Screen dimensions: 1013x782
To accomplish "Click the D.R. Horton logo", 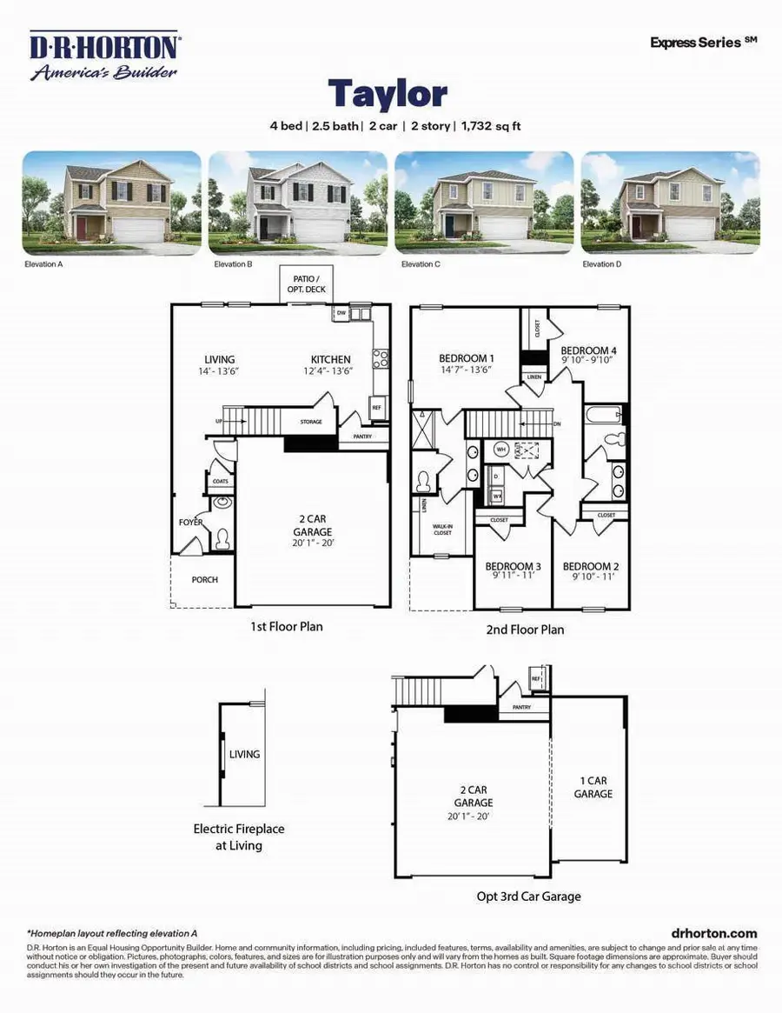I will pyautogui.click(x=104, y=57).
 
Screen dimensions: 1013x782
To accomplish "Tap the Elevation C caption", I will pyautogui.click(x=418, y=263).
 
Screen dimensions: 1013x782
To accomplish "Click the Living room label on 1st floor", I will pyautogui.click(x=220, y=359).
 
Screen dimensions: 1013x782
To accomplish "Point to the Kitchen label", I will pyautogui.click(x=331, y=359).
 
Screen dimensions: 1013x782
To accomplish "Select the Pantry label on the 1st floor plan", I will pyautogui.click(x=364, y=437).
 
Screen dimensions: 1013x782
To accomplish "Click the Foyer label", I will pyautogui.click(x=190, y=523).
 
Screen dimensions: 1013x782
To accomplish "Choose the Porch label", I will pyautogui.click(x=205, y=580).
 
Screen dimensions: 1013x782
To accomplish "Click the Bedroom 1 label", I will pyautogui.click(x=467, y=358).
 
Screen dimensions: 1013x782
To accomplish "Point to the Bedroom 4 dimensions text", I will pyautogui.click(x=586, y=361).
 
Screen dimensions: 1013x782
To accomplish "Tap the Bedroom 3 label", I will pyautogui.click(x=513, y=566).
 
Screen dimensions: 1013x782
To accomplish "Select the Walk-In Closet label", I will pyautogui.click(x=442, y=529).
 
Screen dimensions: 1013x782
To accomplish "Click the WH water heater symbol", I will pyautogui.click(x=501, y=450).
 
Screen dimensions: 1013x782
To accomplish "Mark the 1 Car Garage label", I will pyautogui.click(x=593, y=787).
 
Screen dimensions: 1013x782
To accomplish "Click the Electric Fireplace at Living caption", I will pyautogui.click(x=239, y=836).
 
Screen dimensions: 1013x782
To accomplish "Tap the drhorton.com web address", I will pyautogui.click(x=709, y=932).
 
